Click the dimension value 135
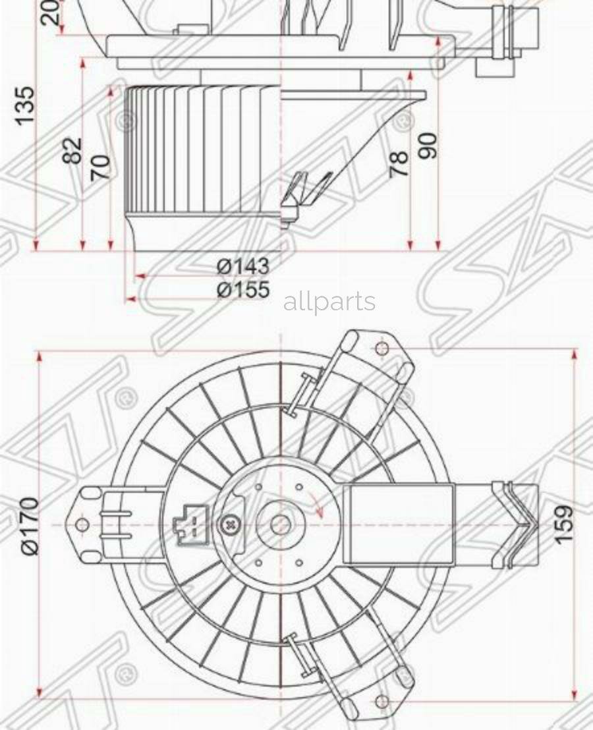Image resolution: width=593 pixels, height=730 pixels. click(24, 105)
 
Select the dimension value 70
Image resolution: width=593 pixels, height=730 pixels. click(100, 167)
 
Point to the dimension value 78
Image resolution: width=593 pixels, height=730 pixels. click(400, 163)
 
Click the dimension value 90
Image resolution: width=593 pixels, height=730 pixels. click(428, 146)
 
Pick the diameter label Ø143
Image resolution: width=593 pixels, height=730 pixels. click(243, 266)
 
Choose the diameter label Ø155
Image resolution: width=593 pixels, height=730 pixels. click(243, 289)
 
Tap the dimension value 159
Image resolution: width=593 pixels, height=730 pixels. click(564, 524)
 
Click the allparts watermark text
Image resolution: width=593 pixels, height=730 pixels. click(329, 302)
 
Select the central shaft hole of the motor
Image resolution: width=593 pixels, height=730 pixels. click(280, 525)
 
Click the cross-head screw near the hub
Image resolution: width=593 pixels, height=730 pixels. click(231, 525)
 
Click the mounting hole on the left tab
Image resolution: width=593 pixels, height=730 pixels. click(82, 525)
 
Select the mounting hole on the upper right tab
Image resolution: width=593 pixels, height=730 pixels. click(380, 349)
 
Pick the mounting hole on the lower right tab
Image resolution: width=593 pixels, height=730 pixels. click(380, 701)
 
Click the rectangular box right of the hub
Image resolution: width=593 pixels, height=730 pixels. click(400, 524)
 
